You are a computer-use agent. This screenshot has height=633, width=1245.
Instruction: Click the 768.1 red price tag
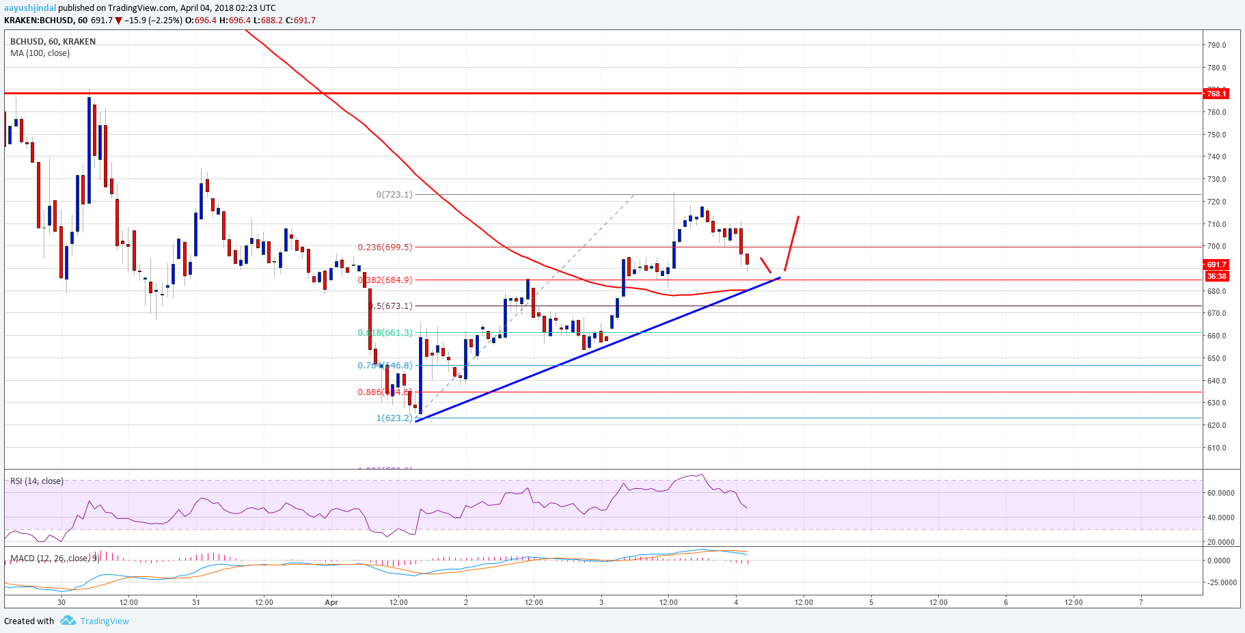(1216, 94)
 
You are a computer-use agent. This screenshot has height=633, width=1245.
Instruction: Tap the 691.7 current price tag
(1216, 265)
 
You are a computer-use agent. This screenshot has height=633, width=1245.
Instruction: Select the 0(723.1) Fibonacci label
(394, 194)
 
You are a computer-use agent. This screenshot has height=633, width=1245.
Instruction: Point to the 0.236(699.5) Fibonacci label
(385, 247)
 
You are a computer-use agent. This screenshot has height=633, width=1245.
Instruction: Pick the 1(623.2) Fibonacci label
(394, 418)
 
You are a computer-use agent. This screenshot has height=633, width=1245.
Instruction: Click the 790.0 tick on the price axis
(1216, 45)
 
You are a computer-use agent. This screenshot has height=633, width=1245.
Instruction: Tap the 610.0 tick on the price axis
(1216, 448)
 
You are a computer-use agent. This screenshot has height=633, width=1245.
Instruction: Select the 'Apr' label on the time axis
(331, 602)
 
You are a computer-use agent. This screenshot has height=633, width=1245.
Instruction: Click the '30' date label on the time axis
(61, 602)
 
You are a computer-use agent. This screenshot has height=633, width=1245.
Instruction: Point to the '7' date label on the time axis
(1140, 602)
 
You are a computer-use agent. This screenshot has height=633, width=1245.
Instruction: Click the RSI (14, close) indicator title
(37, 481)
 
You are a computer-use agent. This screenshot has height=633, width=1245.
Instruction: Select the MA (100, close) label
(40, 53)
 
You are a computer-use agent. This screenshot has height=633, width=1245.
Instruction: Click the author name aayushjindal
(30, 8)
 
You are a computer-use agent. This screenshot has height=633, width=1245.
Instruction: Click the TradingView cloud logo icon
(68, 621)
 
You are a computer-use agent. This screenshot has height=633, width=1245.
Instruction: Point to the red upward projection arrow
(791, 243)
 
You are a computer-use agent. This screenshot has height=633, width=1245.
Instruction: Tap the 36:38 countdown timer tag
(1216, 276)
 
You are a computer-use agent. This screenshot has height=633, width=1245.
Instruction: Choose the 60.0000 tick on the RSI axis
(1220, 493)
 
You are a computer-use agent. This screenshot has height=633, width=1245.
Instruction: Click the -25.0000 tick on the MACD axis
(1222, 582)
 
